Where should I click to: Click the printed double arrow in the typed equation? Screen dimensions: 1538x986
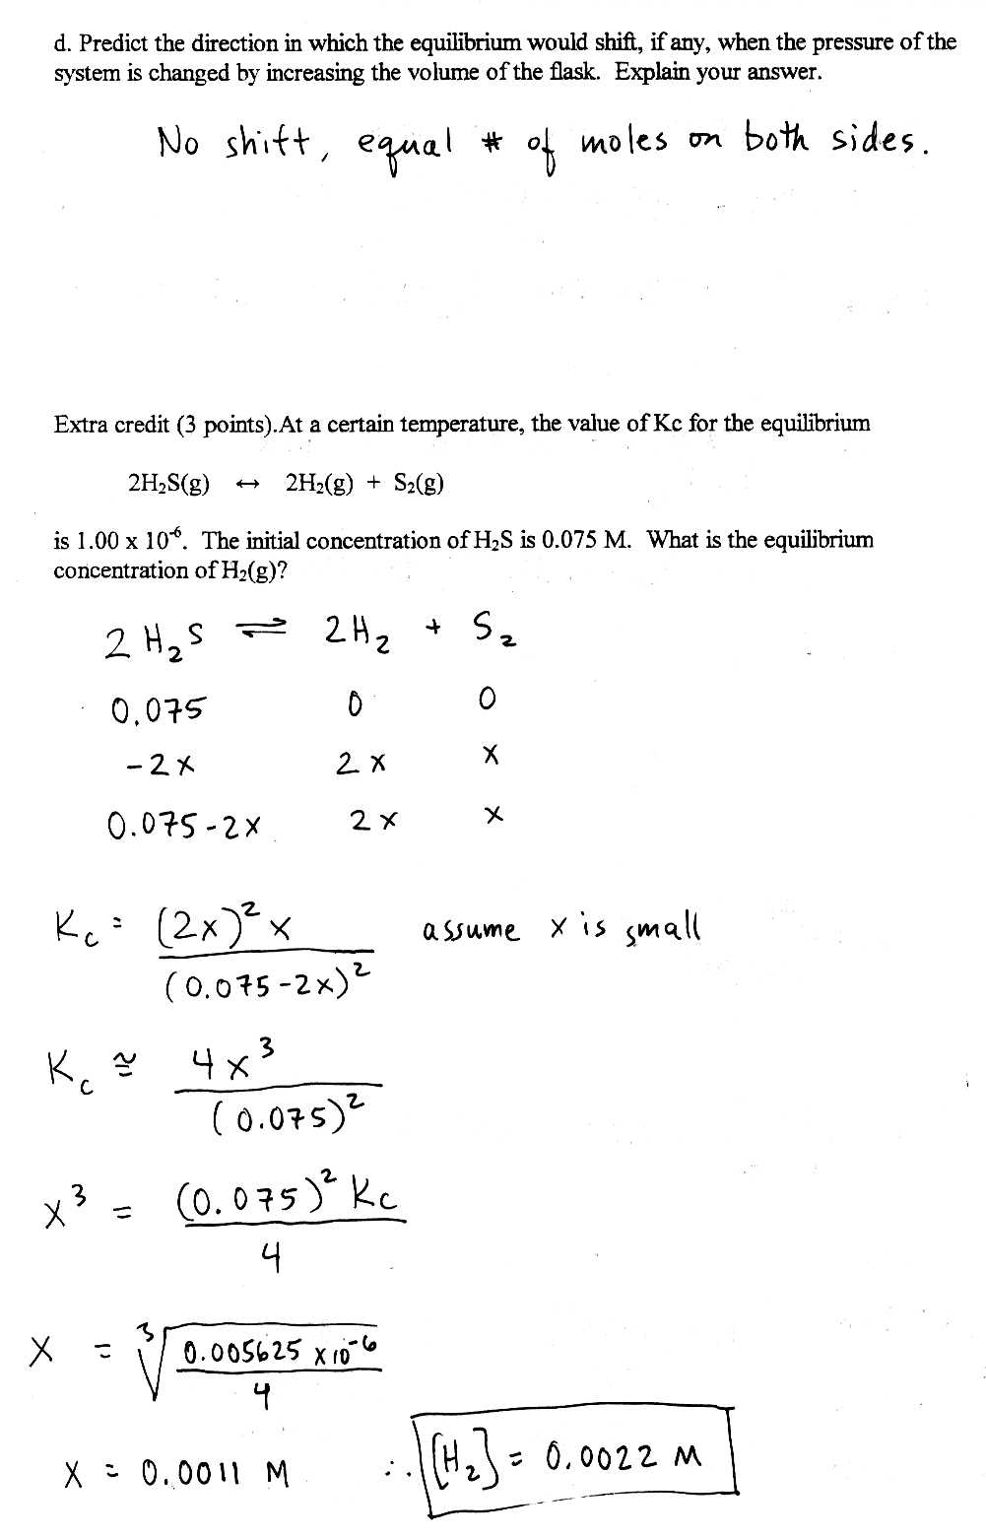point(247,484)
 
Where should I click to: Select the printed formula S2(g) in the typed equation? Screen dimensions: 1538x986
point(419,484)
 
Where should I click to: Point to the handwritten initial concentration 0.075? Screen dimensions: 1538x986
point(159,707)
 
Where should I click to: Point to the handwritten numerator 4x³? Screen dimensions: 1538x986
point(232,1061)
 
